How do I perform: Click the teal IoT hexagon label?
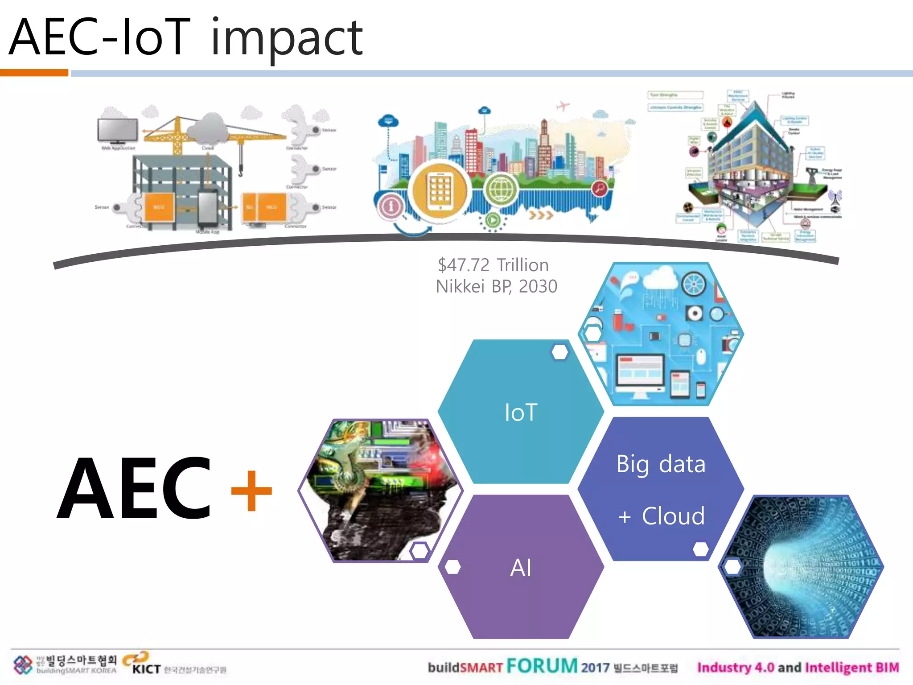coord(521,412)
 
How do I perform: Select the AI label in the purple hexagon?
coord(521,568)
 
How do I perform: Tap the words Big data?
coord(661,464)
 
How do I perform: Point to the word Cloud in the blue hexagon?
coord(673,516)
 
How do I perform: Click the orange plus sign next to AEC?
coord(251,491)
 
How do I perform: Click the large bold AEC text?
coord(134,488)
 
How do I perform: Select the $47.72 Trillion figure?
coord(493,265)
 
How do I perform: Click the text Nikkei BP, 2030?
coord(497,286)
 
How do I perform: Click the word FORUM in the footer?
coord(542,666)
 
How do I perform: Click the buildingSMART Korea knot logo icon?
coord(23,665)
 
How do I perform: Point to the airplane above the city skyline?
coord(563,106)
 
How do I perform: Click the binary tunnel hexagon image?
coord(801,567)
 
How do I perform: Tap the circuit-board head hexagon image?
coord(380,490)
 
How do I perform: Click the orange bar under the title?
coord(34,73)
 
